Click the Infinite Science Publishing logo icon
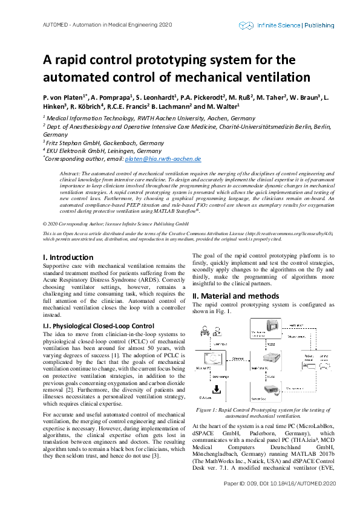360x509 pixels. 246,25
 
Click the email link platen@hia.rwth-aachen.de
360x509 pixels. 163,159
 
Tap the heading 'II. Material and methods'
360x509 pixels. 235,296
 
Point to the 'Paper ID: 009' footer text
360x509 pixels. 241,501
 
